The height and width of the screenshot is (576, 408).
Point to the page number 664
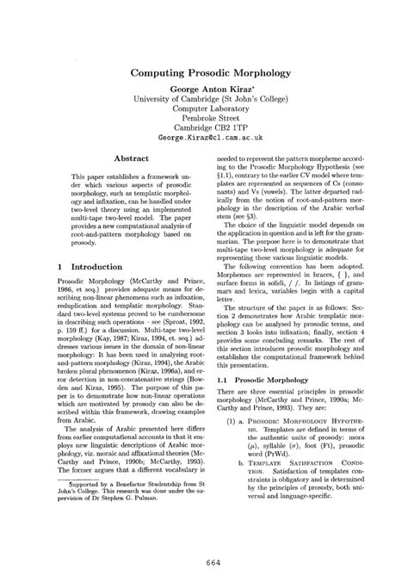[x=204, y=563]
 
